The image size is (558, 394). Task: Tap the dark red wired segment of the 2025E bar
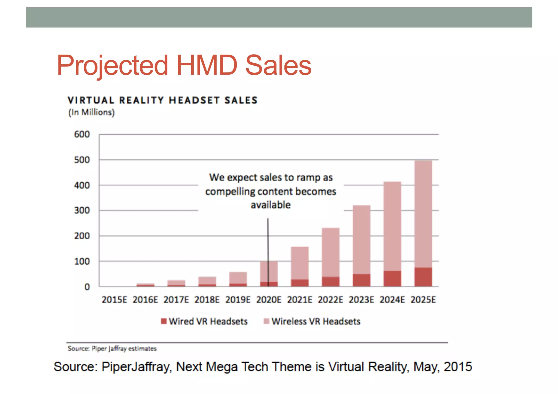pyautogui.click(x=423, y=277)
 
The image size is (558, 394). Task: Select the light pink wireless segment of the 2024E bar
pyautogui.click(x=392, y=226)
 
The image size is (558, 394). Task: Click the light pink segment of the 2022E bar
pyautogui.click(x=330, y=252)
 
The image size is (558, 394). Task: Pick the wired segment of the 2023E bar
pyautogui.click(x=362, y=280)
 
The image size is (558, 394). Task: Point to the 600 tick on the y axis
pyautogui.click(x=82, y=134)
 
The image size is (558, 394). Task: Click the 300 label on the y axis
pyautogui.click(x=82, y=210)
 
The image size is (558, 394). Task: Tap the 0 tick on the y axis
pyautogui.click(x=87, y=287)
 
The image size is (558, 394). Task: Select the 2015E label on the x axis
pyautogui.click(x=114, y=300)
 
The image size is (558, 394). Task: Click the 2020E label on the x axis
pyautogui.click(x=269, y=300)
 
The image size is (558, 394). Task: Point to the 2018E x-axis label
pyautogui.click(x=207, y=300)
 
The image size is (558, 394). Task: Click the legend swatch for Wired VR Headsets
pyautogui.click(x=163, y=321)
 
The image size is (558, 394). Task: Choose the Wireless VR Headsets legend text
pyautogui.click(x=316, y=321)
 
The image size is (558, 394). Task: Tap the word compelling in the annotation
pyautogui.click(x=230, y=192)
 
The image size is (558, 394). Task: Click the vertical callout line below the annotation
pyautogui.click(x=268, y=240)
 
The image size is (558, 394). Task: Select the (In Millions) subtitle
pyautogui.click(x=91, y=112)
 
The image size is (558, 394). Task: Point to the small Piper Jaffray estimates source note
pyautogui.click(x=112, y=349)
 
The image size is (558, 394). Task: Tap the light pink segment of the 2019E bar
pyautogui.click(x=238, y=278)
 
